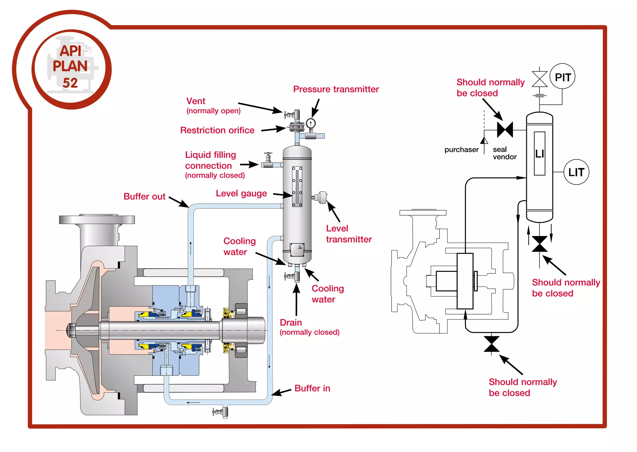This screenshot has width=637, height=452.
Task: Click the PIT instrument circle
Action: [x=562, y=77]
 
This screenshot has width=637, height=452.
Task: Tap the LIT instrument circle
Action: [x=576, y=172]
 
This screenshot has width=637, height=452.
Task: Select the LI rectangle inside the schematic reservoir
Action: [x=539, y=154]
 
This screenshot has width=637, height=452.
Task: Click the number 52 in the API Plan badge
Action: [x=70, y=83]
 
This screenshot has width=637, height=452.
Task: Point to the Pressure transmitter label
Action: [x=336, y=89]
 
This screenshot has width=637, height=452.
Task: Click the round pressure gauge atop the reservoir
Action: [x=310, y=123]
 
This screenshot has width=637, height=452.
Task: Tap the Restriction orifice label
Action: [x=217, y=130]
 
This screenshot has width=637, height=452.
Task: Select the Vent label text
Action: [x=196, y=101]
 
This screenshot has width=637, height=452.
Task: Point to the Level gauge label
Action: [x=241, y=193]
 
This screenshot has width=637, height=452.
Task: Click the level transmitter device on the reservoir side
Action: [x=321, y=197]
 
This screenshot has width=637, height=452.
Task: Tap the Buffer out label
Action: [x=144, y=197]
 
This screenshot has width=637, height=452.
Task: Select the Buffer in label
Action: [x=312, y=388]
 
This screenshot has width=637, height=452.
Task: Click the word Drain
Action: [x=291, y=322]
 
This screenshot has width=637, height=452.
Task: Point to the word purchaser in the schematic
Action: [x=461, y=150]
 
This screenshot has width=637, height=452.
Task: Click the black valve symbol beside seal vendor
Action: [x=505, y=130]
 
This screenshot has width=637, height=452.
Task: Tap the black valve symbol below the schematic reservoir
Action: [x=540, y=244]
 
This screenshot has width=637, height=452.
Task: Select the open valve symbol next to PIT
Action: [x=540, y=79]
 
